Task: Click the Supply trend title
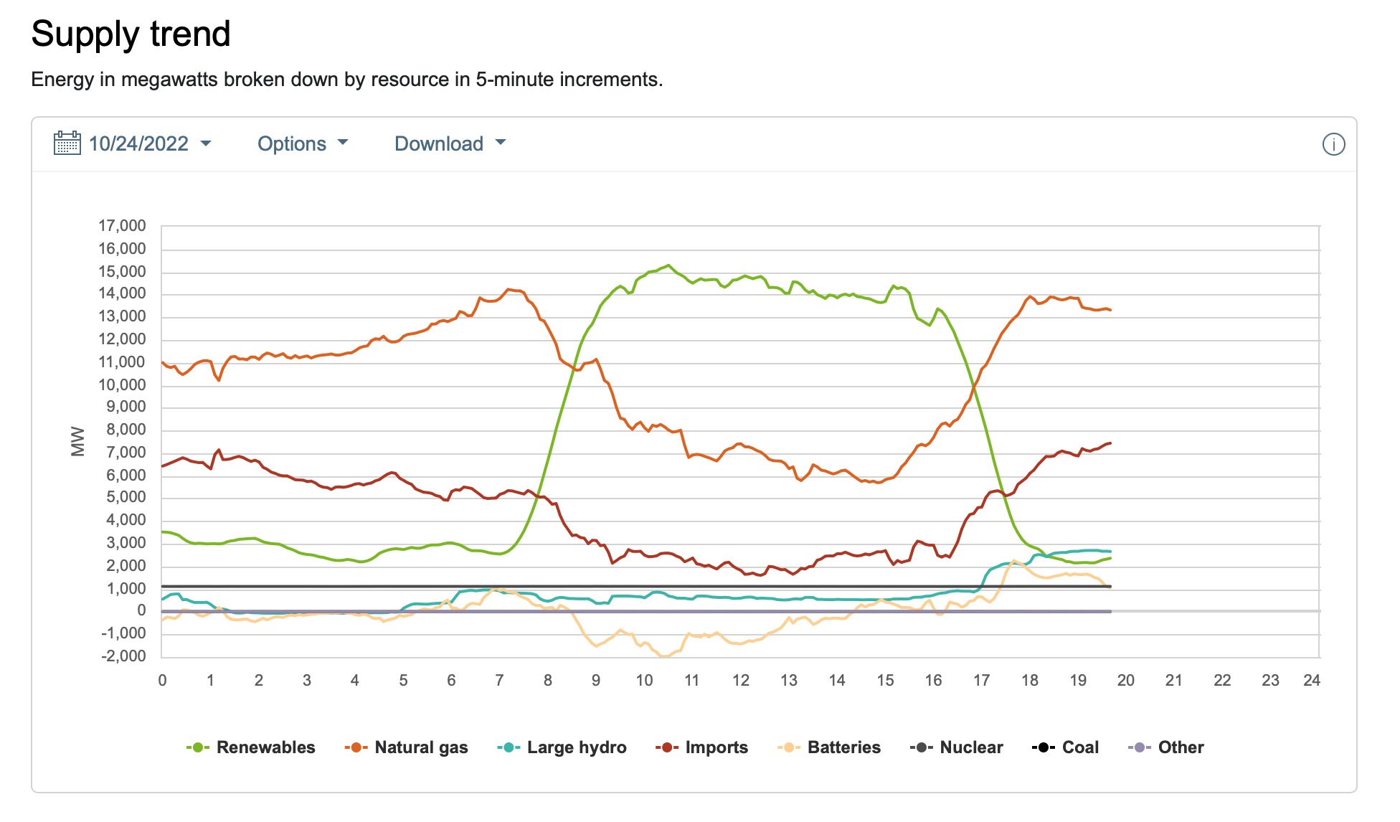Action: coord(131,34)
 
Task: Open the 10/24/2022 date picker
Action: coord(138,143)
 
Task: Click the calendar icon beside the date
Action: coord(67,143)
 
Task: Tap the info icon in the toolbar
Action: coord(1333,144)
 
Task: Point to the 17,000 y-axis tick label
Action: coord(122,226)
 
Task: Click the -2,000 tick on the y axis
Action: coord(123,656)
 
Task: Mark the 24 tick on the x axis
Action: coord(1312,680)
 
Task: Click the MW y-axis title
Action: coord(77,441)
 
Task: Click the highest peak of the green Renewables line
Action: coord(668,265)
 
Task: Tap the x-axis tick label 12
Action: coord(740,680)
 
